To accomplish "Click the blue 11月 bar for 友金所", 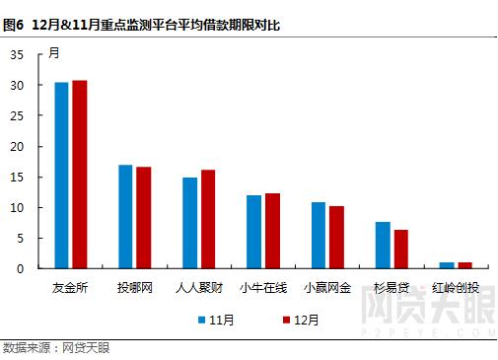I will tap(61, 176).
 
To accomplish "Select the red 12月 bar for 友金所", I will tap(80, 175).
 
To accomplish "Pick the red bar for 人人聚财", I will tap(208, 219).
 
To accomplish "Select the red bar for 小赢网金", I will tap(336, 238).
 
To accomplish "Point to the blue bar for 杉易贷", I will tap(382, 245).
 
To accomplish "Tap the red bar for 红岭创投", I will tap(464, 265).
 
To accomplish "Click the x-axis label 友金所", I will tap(70, 288).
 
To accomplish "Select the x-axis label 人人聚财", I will tap(198, 288).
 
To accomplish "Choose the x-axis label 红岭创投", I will tap(456, 288).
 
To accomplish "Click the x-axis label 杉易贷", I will tap(391, 288).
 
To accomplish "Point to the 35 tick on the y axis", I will tap(17, 56).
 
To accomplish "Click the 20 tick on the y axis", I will tap(17, 147).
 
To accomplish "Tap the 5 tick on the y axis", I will tap(21, 238).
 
